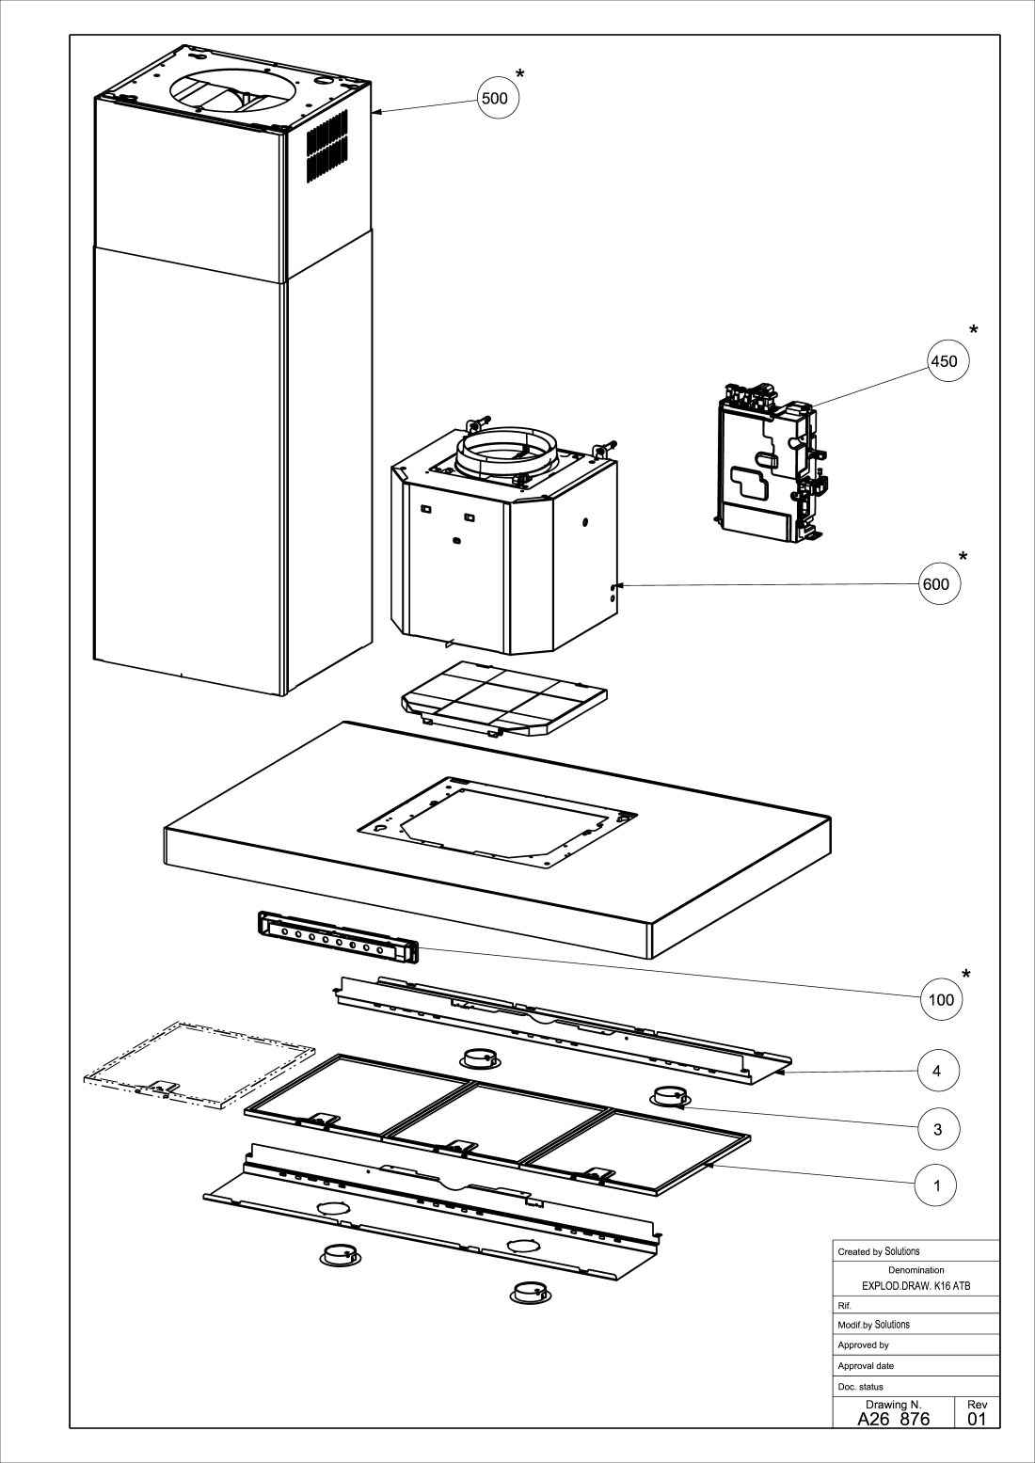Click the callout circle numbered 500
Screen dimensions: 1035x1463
pyautogui.click(x=498, y=98)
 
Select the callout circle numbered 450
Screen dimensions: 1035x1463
pyautogui.click(x=948, y=361)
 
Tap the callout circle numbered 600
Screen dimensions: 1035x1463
pyautogui.click(x=939, y=584)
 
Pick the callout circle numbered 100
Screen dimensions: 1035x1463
pyautogui.click(x=942, y=1000)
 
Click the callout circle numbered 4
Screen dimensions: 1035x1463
pyautogui.click(x=938, y=1071)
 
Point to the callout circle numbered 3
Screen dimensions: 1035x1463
pyautogui.click(x=938, y=1129)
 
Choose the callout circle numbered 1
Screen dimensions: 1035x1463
pyautogui.click(x=936, y=1186)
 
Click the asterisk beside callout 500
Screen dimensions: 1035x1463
pyautogui.click(x=519, y=74)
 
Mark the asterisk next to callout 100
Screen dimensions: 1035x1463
pyautogui.click(x=966, y=975)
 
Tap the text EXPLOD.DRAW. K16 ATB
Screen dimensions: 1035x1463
pyautogui.click(x=916, y=1286)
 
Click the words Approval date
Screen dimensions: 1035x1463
pyautogui.click(x=866, y=1366)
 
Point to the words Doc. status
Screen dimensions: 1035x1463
pyautogui.click(x=861, y=1387)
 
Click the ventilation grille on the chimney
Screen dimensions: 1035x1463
pyautogui.click(x=327, y=147)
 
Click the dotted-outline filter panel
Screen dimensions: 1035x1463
pyautogui.click(x=199, y=1065)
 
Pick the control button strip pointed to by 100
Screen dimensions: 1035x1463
pyautogui.click(x=338, y=937)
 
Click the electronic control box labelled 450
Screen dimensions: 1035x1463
pyautogui.click(x=770, y=462)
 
